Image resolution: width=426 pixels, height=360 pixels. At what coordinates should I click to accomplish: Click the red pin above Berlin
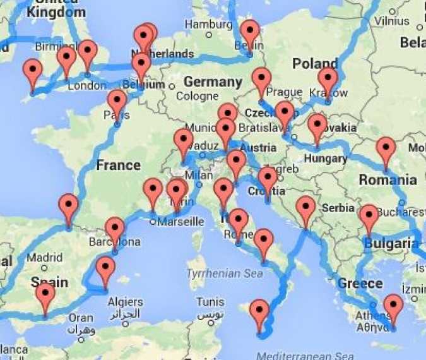click(x=250, y=33)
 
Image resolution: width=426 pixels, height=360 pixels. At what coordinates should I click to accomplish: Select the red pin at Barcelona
click(x=115, y=230)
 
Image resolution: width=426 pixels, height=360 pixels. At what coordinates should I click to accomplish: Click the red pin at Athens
click(x=393, y=307)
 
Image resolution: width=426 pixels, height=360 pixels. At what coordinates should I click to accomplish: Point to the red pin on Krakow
click(x=328, y=81)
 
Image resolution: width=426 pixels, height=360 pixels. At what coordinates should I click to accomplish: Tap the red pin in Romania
click(x=386, y=150)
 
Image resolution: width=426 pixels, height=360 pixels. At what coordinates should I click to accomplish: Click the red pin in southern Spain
click(x=45, y=296)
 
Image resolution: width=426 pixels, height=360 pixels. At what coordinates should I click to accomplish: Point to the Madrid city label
click(x=44, y=258)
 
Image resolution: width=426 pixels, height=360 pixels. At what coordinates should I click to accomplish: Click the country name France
click(x=118, y=165)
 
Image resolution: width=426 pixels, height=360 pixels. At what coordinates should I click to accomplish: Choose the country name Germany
click(x=213, y=82)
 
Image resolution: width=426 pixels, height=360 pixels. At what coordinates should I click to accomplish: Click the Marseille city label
click(x=180, y=222)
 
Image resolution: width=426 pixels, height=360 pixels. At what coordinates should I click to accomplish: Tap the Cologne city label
click(x=197, y=97)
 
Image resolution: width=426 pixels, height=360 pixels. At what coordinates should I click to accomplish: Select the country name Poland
click(x=315, y=64)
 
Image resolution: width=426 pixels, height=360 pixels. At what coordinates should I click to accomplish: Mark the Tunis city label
click(x=210, y=301)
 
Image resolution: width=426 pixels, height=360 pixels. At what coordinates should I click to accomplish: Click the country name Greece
click(x=360, y=283)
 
